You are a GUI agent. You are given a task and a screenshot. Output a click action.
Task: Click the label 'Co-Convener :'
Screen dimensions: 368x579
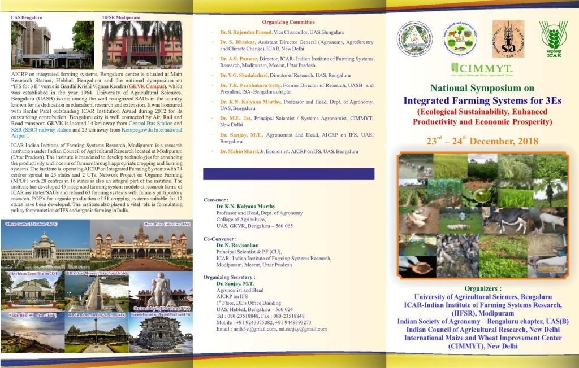click(x=220, y=239)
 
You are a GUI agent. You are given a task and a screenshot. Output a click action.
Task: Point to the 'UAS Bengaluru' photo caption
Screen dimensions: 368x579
click(x=27, y=17)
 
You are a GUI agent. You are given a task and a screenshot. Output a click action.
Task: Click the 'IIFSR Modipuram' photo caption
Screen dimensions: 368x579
click(x=120, y=17)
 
